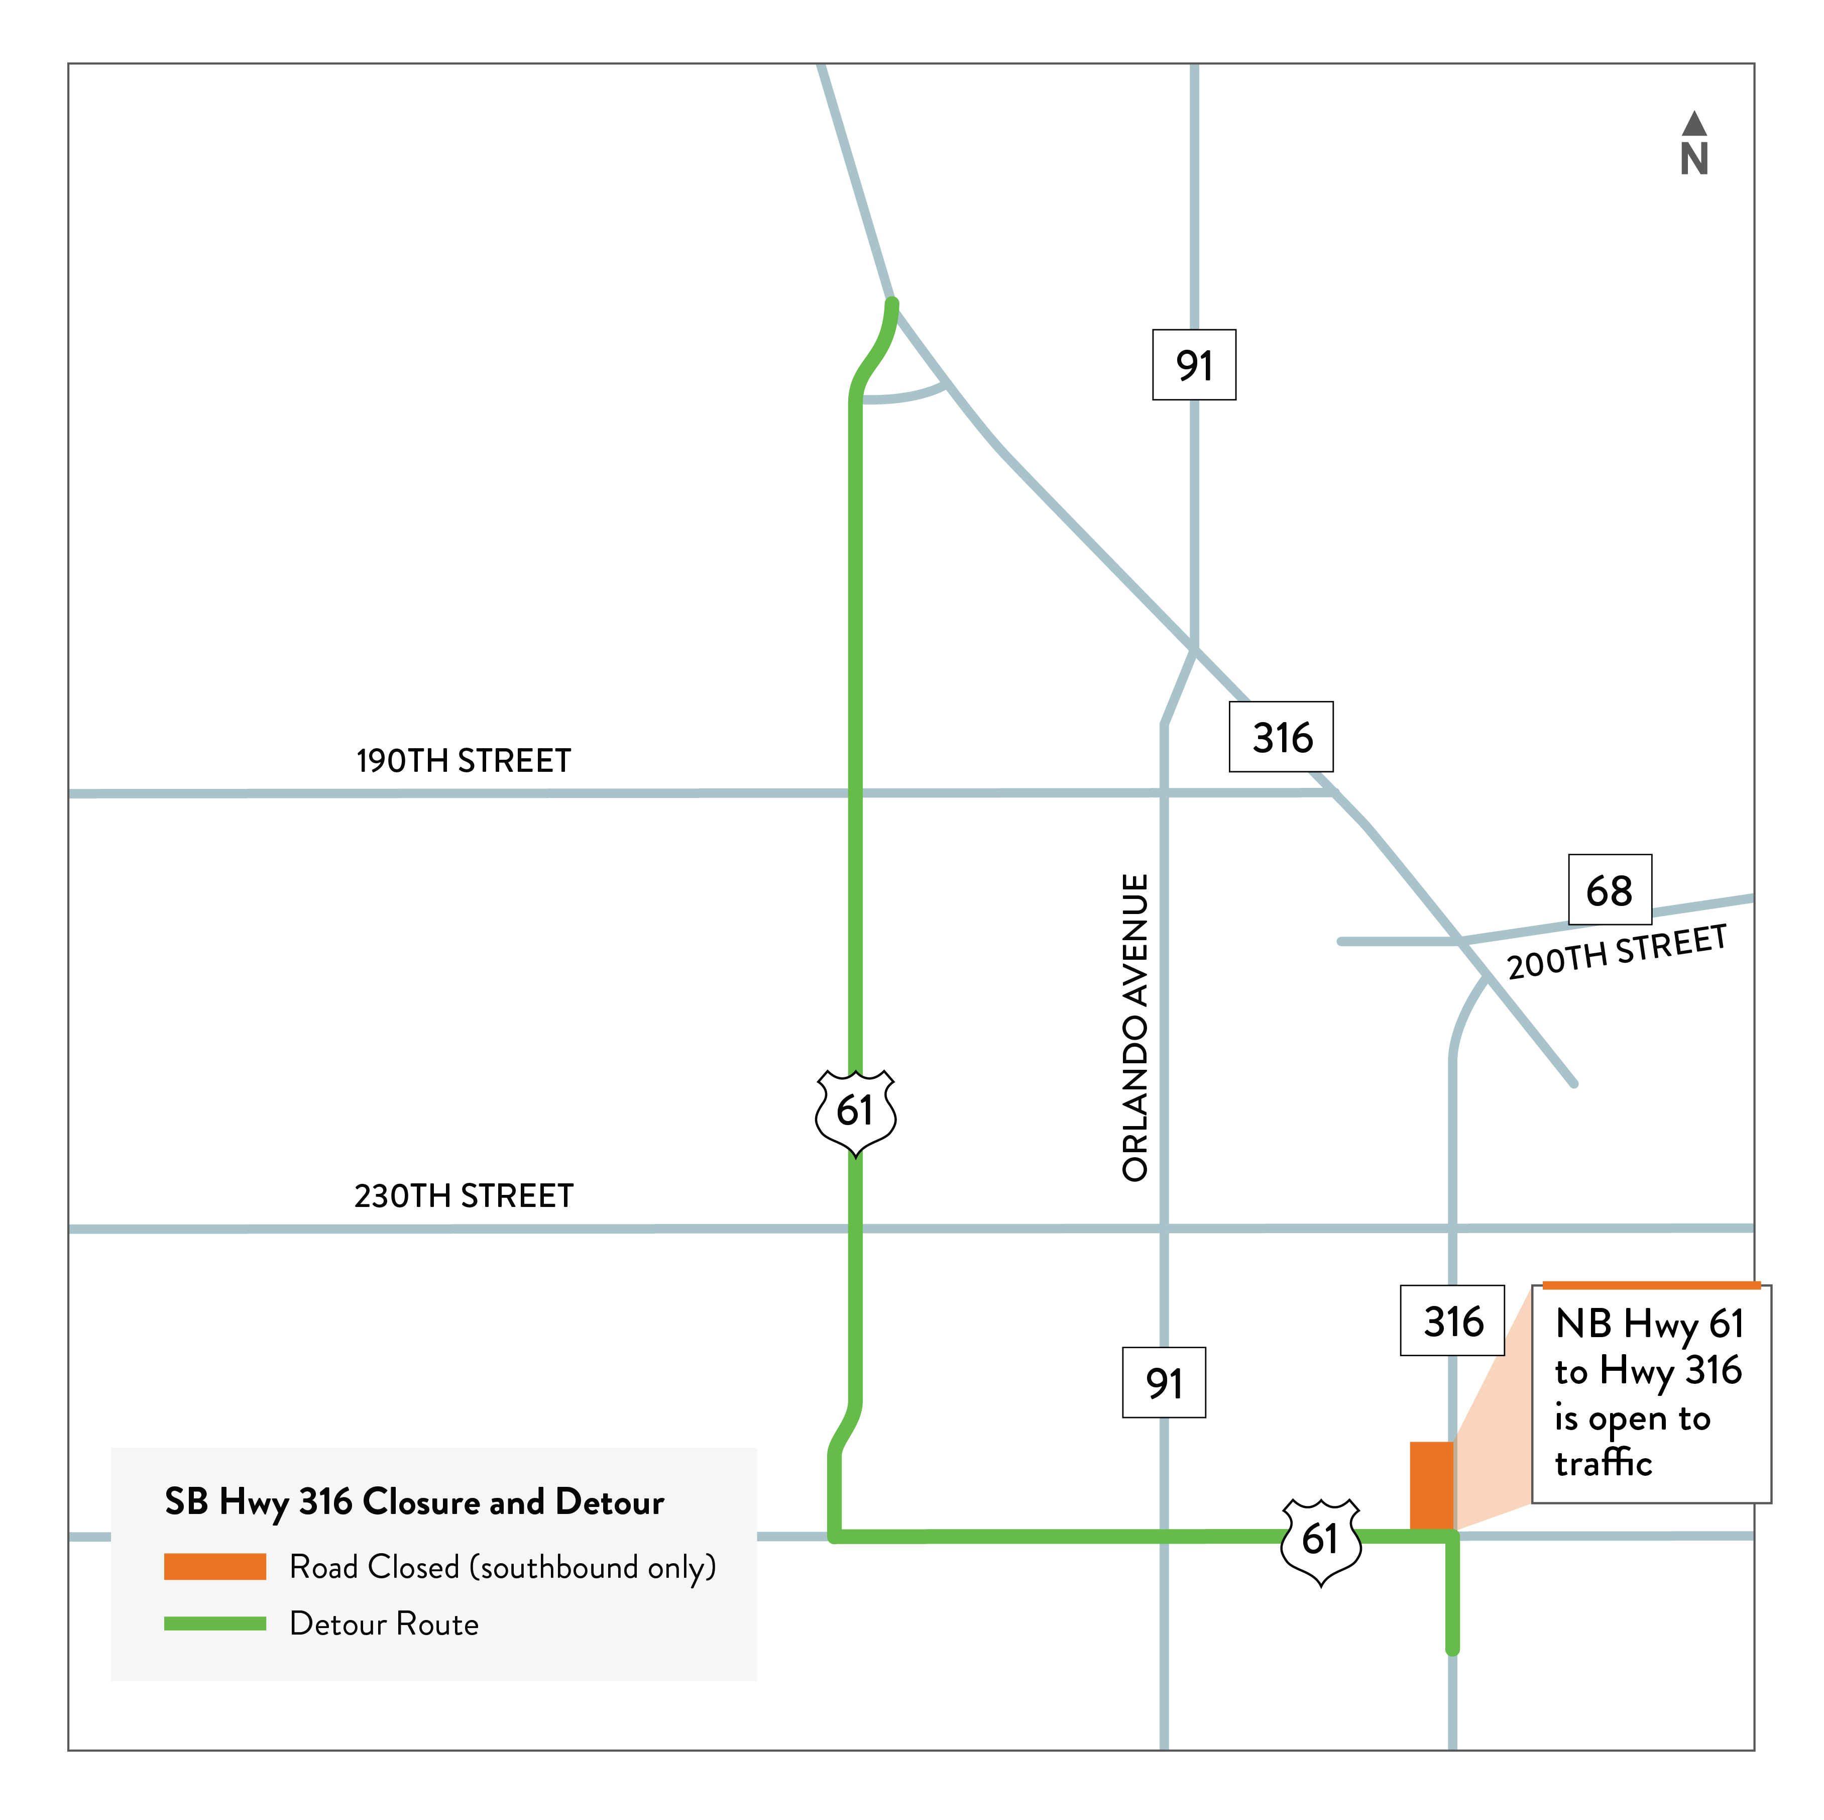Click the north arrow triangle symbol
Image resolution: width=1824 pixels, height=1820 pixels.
[1694, 124]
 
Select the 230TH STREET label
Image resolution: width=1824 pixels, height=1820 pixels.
[464, 1196]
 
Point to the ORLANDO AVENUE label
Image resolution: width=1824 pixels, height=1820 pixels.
[1135, 1028]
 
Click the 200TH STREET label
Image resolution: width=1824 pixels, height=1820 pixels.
[1616, 952]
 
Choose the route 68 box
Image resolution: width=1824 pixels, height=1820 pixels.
[1610, 890]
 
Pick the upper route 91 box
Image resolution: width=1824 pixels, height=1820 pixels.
[1194, 365]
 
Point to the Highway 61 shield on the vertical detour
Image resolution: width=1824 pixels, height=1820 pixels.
[855, 1111]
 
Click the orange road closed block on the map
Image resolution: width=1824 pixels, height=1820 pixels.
[1431, 1486]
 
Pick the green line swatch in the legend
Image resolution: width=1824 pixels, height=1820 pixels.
[215, 1624]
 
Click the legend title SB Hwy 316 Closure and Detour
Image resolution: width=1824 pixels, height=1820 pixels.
[414, 1502]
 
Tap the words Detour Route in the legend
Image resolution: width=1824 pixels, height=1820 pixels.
[384, 1624]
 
